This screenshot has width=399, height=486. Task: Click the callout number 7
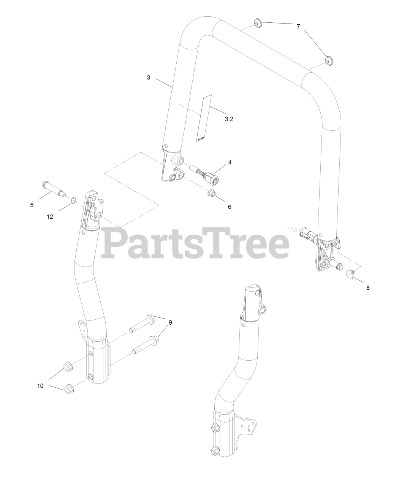298,27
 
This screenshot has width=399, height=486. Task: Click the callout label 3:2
229,119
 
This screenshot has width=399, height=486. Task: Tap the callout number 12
50,217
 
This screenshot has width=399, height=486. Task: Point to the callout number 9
170,322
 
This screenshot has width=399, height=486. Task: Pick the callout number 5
32,205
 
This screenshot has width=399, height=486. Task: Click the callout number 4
230,162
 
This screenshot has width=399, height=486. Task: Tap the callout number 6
229,207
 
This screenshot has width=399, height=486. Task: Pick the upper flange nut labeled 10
68,366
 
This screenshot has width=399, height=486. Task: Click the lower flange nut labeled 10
69,389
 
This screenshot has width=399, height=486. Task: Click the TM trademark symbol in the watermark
291,230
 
